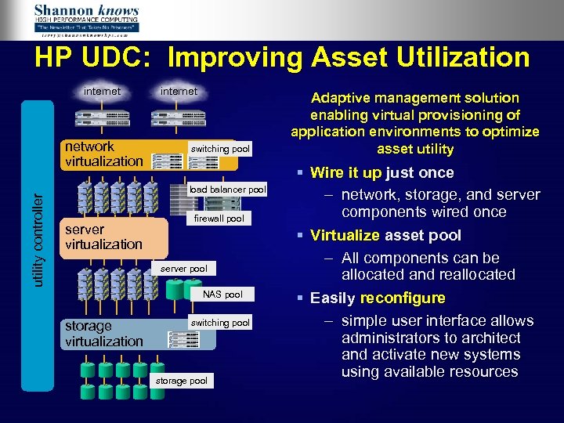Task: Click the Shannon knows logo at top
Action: point(86,20)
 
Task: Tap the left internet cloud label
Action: point(103,92)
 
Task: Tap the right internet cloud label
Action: point(179,92)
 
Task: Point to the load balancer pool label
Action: point(228,190)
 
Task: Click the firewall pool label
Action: point(219,219)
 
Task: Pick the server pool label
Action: point(183,269)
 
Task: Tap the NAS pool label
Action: point(222,295)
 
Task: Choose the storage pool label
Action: point(181,381)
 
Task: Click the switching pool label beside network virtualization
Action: point(221,149)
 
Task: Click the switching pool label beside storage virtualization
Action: point(221,323)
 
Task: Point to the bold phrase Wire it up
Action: point(348,172)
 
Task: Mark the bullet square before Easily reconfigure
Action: point(301,298)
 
